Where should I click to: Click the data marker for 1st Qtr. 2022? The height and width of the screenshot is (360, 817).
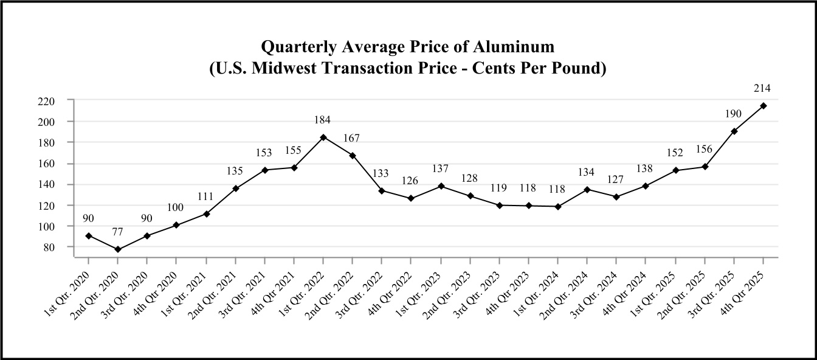323,137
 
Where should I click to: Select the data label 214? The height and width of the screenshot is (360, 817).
762,89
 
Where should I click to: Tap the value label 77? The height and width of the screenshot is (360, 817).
118,231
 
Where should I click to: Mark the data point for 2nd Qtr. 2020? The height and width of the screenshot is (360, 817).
118,249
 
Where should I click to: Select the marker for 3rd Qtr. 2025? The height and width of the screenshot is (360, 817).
734,131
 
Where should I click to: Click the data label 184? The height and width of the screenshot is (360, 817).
323,120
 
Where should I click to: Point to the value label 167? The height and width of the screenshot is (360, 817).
352,138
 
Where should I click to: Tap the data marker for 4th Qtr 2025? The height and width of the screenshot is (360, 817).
764,106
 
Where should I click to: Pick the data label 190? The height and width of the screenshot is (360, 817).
734,114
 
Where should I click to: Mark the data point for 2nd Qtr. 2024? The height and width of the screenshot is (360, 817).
587,190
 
